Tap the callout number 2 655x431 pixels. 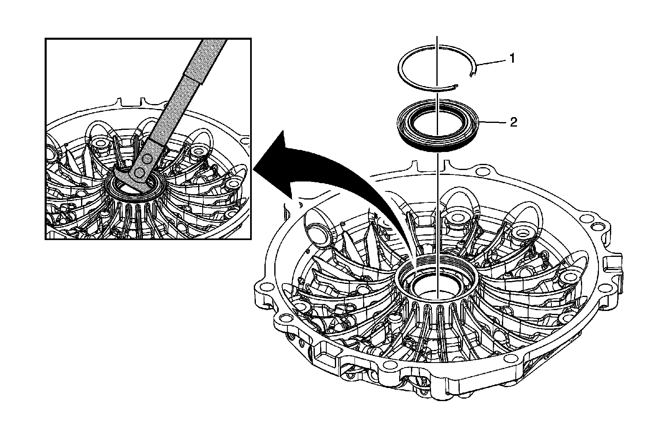[513, 122]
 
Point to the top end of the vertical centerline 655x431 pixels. [437, 38]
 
